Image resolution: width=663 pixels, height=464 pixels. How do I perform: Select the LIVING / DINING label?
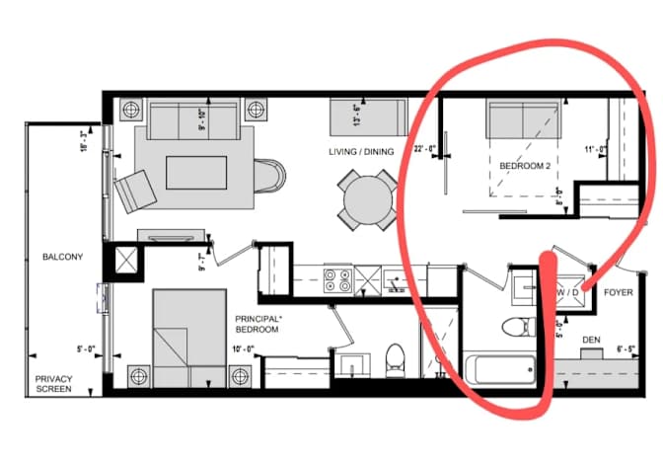pos(361,151)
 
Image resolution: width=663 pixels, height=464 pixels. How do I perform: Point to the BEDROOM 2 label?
pos(525,166)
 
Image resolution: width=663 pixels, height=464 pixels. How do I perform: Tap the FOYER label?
pos(619,292)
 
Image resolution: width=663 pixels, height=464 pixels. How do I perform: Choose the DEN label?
pos(592,340)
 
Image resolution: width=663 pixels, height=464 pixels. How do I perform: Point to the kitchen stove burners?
pos(337,281)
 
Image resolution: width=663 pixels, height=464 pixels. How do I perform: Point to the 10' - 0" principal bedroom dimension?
pos(243,348)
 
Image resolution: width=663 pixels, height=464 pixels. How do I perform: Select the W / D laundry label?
pos(570,292)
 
